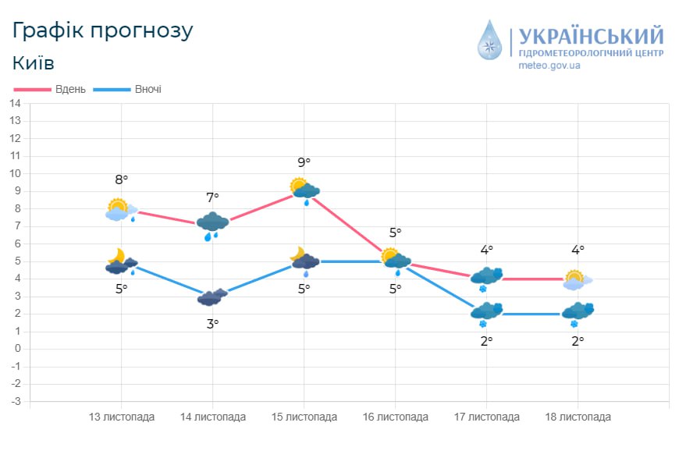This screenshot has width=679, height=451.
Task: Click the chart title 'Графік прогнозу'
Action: [x=102, y=30]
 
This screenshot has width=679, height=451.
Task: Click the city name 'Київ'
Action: [x=34, y=62]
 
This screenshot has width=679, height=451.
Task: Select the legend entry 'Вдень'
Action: [x=69, y=89]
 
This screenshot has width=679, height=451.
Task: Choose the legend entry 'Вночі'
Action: [x=148, y=89]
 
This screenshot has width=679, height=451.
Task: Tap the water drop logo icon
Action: [x=491, y=40]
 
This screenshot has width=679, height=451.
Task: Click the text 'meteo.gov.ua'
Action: [x=549, y=66]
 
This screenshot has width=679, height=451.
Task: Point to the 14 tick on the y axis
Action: [x=15, y=103]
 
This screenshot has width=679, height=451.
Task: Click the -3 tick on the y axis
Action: [x=14, y=401]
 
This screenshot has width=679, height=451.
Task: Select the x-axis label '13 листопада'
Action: [x=122, y=417]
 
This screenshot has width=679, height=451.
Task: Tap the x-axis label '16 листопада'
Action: [x=396, y=417]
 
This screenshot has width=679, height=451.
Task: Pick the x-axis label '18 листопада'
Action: [x=578, y=417]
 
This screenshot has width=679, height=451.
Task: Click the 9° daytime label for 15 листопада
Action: [x=304, y=162]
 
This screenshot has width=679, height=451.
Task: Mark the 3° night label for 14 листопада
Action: [x=212, y=323]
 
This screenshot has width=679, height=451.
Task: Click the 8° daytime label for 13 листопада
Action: [x=121, y=180]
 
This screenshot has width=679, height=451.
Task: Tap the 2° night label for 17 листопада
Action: [x=487, y=341]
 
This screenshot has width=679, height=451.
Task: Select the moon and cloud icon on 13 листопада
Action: [x=120, y=262]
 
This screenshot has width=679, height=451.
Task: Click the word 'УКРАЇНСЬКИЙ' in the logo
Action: [x=591, y=36]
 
